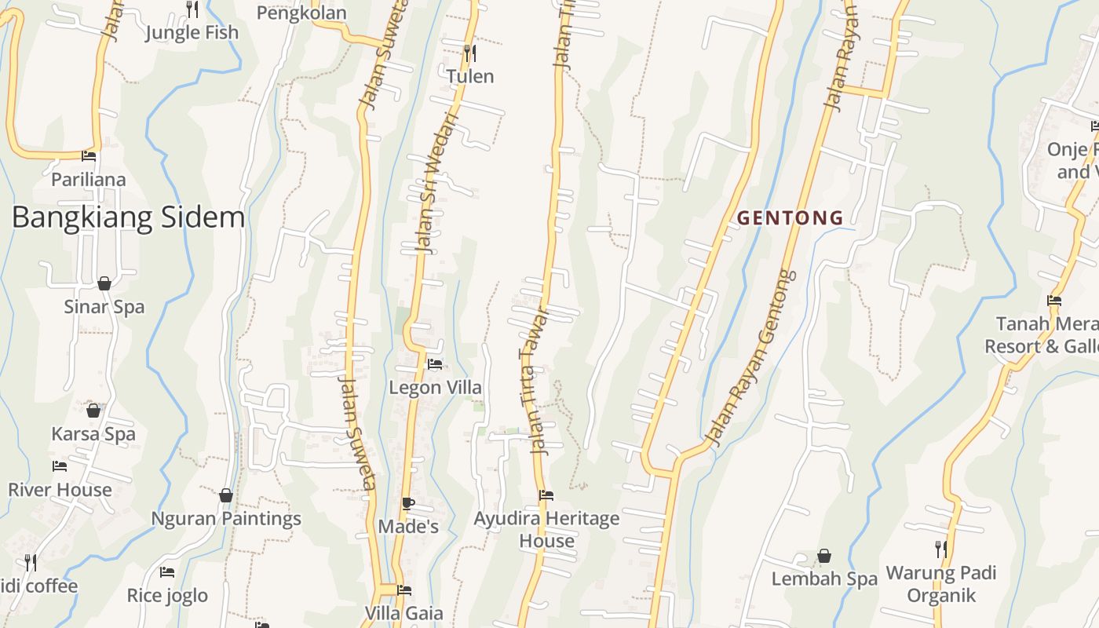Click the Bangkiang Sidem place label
click(x=128, y=217)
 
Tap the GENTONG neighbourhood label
click(x=790, y=218)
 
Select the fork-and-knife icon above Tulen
click(x=470, y=53)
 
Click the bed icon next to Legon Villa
click(x=435, y=364)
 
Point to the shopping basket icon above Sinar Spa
click(x=104, y=283)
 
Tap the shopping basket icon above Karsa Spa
click(x=93, y=411)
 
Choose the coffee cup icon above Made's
click(x=407, y=503)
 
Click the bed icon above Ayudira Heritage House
click(x=546, y=495)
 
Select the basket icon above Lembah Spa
click(x=824, y=557)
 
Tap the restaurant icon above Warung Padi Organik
click(x=940, y=549)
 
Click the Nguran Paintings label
click(x=226, y=519)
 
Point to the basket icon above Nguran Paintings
click(x=226, y=495)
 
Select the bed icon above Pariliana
click(x=89, y=156)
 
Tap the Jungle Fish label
click(x=192, y=33)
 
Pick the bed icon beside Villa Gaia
click(x=404, y=590)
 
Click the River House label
click(x=60, y=490)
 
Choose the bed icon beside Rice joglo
click(x=167, y=572)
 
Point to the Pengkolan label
click(x=301, y=13)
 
